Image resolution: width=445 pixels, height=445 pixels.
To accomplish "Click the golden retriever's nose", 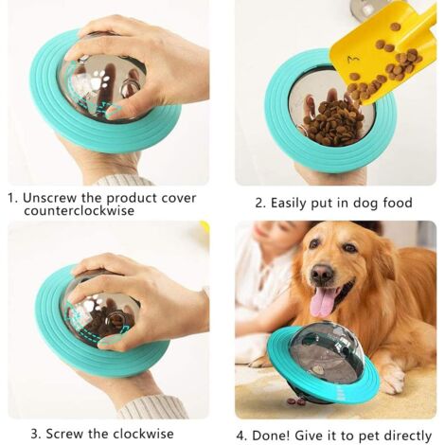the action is coord(322,274).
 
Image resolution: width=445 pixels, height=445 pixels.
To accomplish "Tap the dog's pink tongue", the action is coord(322,302).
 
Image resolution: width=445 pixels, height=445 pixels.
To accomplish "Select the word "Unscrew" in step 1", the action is coord(49,198).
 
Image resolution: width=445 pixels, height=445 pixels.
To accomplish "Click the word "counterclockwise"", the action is coord(79,211).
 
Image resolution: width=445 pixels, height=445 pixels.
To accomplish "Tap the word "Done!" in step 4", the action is coord(271,436).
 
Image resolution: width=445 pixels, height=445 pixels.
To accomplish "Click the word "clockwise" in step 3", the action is coord(143,434).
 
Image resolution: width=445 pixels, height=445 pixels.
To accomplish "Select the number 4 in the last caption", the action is coord(240,436).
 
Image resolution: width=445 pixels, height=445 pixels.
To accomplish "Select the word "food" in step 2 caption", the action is coord(398,203).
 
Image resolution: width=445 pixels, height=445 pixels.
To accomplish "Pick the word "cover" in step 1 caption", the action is coord(179,198).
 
